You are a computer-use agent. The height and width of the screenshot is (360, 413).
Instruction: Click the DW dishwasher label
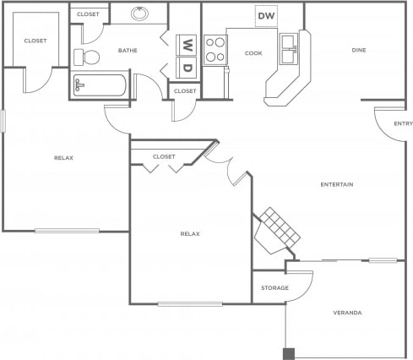pos(266,16)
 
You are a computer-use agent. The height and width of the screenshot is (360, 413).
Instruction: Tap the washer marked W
pos(187,45)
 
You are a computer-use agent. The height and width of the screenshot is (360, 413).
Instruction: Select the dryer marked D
pos(187,68)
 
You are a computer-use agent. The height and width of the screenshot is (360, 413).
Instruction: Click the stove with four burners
pos(215,49)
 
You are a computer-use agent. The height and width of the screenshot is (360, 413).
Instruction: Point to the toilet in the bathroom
pos(85,57)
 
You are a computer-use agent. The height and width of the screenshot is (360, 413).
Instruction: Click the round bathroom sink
pos(140,14)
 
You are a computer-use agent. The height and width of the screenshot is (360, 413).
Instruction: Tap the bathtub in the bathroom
pos(100,86)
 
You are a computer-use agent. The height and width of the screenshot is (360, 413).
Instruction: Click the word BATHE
pos(128,51)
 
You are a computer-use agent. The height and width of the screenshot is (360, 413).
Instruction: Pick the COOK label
pos(253,53)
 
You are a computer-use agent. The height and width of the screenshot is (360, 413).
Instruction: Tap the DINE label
pos(359,51)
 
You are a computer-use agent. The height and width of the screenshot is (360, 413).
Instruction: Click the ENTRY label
pos(402,125)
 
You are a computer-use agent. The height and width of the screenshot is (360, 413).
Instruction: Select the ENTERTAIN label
pos(336,184)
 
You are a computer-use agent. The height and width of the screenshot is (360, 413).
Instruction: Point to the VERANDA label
pos(348,313)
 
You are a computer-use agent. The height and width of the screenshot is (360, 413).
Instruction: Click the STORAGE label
pos(274,288)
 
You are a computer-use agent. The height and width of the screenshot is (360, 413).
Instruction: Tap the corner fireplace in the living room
pos(275,231)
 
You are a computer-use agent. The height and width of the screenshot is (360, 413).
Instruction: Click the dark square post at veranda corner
pos(289,353)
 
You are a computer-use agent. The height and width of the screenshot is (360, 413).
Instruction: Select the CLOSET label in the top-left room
pos(35,41)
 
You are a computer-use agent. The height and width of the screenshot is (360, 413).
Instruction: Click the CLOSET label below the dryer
pos(185,90)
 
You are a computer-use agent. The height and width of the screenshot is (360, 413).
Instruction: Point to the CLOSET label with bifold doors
pos(164,156)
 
